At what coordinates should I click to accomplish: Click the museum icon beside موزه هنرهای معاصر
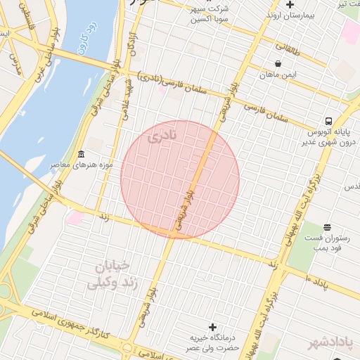pyautogui.click(x=82, y=154)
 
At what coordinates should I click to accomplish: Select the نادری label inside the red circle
pyautogui.click(x=163, y=136)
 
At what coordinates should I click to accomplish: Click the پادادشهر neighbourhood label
pyautogui.click(x=333, y=342)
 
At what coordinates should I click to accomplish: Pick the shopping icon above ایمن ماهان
pyautogui.click(x=278, y=63)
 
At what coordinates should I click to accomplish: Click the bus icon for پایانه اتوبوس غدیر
pyautogui.click(x=328, y=120)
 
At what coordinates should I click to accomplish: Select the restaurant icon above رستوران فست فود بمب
pyautogui.click(x=327, y=227)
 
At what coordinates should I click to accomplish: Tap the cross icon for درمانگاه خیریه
pyautogui.click(x=213, y=327)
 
